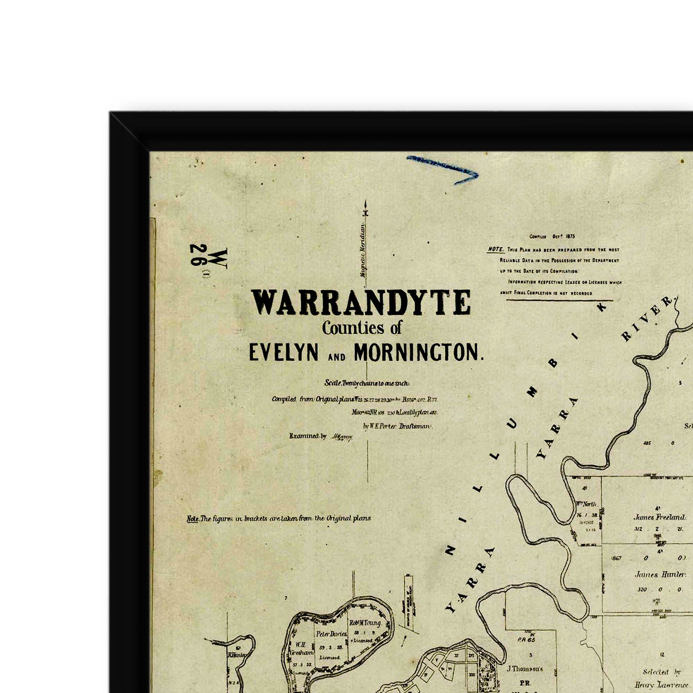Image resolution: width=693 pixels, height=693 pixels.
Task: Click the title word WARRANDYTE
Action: (361, 302)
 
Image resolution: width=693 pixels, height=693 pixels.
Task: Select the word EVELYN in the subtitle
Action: (284, 353)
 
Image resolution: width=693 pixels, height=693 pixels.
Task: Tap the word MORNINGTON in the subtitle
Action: (418, 353)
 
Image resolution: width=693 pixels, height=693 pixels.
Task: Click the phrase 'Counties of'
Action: (362, 328)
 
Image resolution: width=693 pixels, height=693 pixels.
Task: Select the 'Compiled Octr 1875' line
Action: (552, 236)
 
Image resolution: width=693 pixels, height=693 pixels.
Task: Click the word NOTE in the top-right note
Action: (495, 249)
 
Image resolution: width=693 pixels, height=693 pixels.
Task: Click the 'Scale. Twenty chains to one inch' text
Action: (366, 383)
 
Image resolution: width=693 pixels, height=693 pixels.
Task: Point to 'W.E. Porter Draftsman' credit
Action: (397, 426)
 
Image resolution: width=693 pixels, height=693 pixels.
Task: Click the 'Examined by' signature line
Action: (321, 436)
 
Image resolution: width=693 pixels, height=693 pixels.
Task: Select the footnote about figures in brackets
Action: (278, 518)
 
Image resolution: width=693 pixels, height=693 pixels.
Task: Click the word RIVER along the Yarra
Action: (647, 319)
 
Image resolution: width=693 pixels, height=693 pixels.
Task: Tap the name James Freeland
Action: (659, 517)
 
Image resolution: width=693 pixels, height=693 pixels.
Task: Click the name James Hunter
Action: (660, 575)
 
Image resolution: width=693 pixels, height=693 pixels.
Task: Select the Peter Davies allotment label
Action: (331, 634)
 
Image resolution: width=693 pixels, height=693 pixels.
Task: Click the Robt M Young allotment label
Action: (365, 623)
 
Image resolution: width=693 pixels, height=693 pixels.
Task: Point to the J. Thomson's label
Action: (525, 669)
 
